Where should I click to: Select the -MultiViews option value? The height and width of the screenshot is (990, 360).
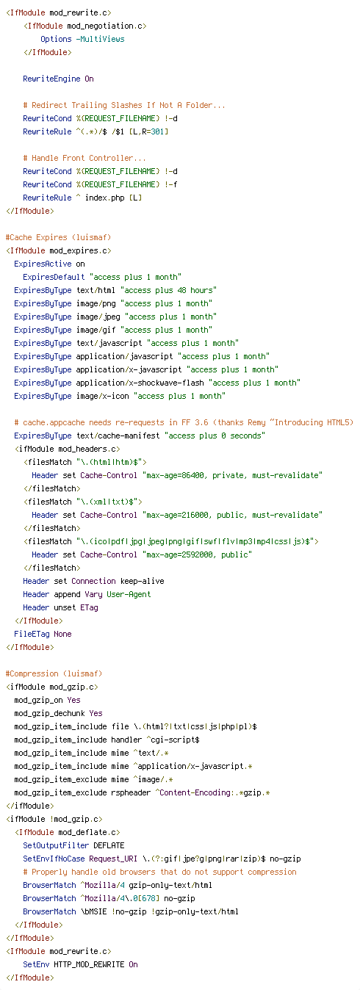(100, 40)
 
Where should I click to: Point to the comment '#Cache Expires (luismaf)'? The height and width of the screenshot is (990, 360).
(58, 237)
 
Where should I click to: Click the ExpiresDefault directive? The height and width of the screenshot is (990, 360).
(54, 277)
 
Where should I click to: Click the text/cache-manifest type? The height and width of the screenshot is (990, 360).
(118, 436)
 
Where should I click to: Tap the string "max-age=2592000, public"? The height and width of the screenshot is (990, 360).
(197, 554)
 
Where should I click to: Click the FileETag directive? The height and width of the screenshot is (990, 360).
(32, 635)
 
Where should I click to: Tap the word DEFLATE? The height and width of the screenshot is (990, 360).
(109, 845)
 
